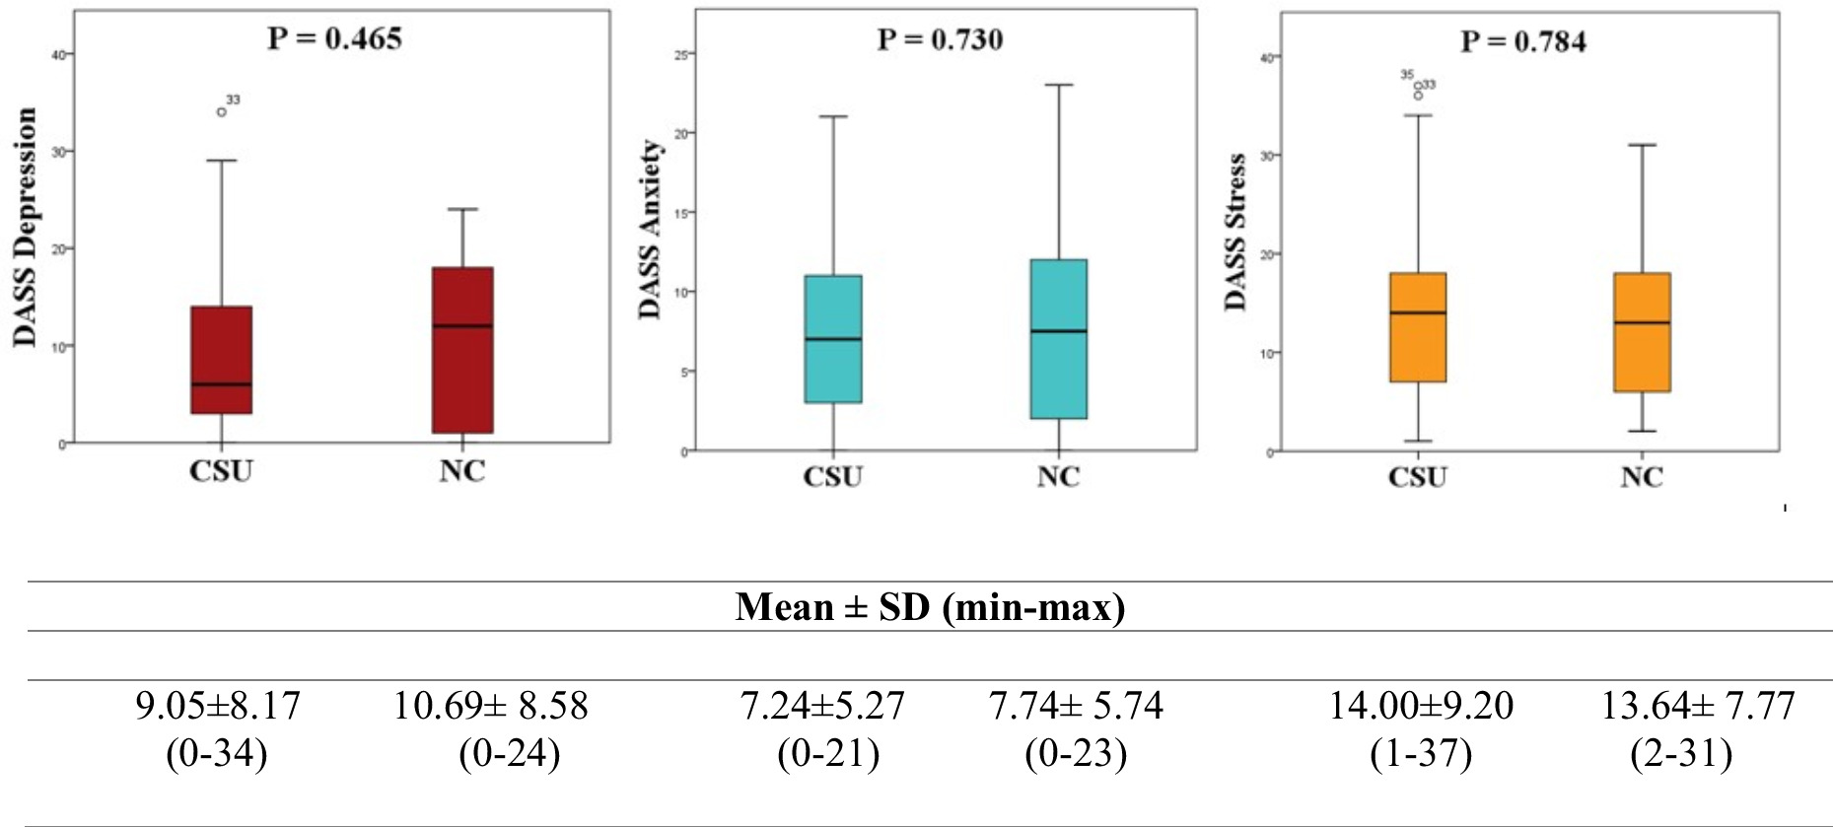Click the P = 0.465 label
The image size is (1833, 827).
tap(334, 38)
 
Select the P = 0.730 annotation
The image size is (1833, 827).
tap(940, 39)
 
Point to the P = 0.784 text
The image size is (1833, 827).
tap(1522, 41)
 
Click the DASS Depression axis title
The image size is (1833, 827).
tap(26, 227)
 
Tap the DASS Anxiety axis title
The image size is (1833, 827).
tap(649, 230)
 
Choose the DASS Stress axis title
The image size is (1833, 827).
tap(1235, 232)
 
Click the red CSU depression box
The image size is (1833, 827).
tap(221, 360)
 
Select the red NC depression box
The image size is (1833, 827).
tap(462, 350)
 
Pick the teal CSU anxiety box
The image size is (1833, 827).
tap(833, 338)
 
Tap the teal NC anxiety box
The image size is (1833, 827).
tap(1058, 339)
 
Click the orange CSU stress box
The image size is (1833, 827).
tap(1418, 327)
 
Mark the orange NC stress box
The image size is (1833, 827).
tap(1642, 332)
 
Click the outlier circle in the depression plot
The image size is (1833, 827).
tap(222, 111)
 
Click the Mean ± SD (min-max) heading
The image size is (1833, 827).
tap(930, 606)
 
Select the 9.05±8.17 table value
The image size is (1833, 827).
tap(217, 706)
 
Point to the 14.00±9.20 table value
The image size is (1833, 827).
tap(1420, 706)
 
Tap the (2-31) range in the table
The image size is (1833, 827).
tap(1682, 754)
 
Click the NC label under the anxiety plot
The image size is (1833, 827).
tap(1058, 477)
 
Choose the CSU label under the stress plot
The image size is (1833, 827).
tap(1417, 477)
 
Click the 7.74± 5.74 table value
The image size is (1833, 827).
tap(1076, 706)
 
